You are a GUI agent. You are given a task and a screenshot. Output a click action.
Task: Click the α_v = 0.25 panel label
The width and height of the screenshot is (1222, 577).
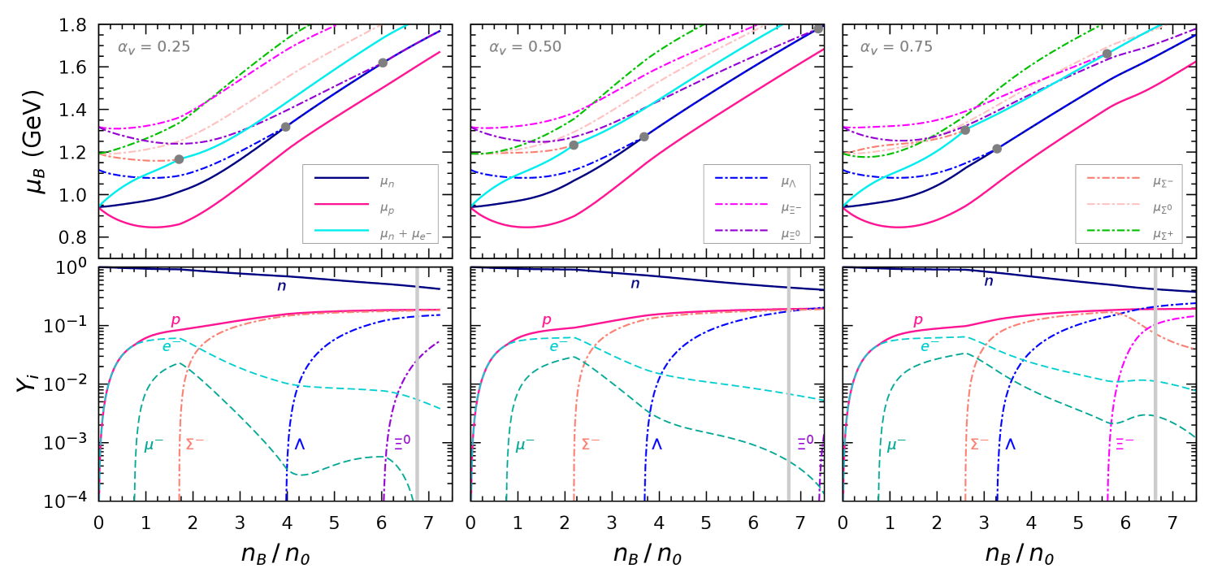154,47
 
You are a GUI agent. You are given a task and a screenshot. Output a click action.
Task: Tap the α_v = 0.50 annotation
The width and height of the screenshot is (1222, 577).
525,47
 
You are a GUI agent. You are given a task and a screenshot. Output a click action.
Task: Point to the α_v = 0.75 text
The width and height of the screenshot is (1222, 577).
896,47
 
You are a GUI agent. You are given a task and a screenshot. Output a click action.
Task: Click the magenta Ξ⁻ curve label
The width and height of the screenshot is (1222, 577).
1124,444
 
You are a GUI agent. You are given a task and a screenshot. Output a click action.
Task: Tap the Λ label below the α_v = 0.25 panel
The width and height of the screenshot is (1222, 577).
299,445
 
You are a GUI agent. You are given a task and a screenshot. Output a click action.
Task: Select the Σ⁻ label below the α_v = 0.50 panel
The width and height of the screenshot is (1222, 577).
590,445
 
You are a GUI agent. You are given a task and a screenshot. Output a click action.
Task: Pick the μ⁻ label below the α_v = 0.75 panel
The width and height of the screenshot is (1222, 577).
896,445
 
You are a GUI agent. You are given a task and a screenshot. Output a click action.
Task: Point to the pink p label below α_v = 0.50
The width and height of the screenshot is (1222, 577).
547,321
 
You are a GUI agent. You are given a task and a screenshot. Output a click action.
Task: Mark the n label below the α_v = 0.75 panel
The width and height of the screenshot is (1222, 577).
988,282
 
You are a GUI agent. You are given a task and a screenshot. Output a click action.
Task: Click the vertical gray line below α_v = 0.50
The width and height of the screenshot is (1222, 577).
788,382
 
